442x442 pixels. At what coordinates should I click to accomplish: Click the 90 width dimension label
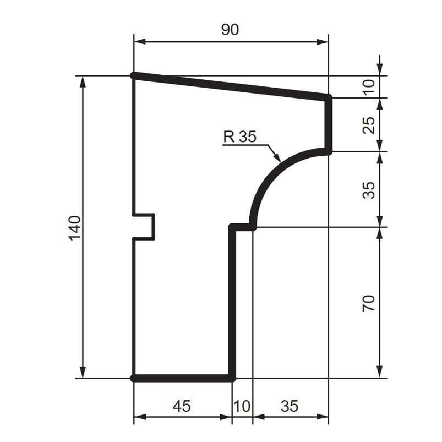(x=230, y=30)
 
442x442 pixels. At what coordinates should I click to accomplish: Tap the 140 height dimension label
(x=75, y=228)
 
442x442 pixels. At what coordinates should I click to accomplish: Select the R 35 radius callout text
(x=240, y=137)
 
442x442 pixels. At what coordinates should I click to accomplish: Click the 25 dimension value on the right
(x=369, y=125)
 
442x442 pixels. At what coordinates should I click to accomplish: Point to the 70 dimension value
(x=369, y=303)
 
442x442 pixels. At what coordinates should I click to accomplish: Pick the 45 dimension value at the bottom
(x=182, y=406)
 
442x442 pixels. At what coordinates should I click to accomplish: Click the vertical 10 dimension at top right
(x=369, y=87)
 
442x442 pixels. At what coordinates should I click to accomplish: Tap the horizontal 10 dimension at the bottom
(x=242, y=406)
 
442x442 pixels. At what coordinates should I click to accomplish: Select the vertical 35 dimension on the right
(x=369, y=190)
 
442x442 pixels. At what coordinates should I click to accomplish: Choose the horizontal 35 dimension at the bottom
(x=290, y=406)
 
